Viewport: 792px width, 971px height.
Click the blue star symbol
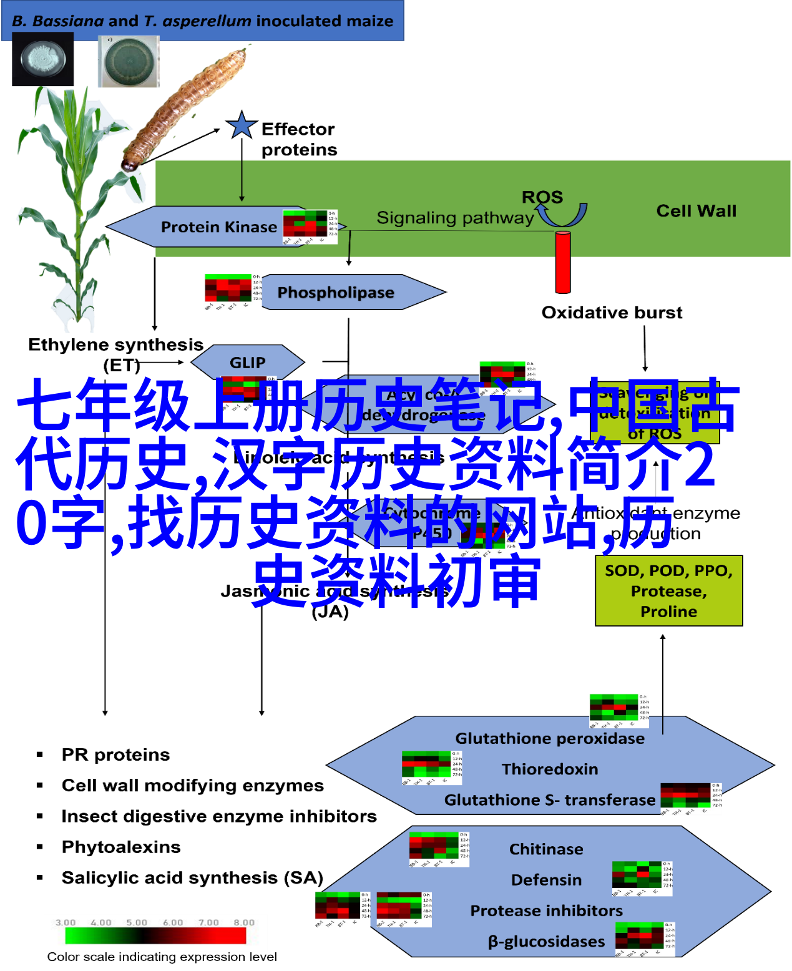coord(242,125)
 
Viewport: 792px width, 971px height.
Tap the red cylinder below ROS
coord(563,261)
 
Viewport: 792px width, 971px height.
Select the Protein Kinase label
coord(218,227)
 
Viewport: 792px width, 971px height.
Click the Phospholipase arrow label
coord(336,292)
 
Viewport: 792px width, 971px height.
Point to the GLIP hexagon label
coord(247,362)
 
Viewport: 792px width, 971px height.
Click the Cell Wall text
coord(696,211)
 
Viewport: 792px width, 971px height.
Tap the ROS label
coord(542,197)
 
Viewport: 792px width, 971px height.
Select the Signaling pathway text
coord(455,218)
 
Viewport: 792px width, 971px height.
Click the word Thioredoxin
coord(550,769)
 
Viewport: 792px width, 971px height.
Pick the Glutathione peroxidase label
coord(550,738)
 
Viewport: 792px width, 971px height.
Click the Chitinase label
coord(546,849)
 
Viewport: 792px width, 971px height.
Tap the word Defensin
coord(546,879)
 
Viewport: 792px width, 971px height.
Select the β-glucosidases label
coord(546,941)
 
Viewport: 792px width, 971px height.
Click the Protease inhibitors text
coord(546,910)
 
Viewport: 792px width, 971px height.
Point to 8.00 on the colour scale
coord(244,922)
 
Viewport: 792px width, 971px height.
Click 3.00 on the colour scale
coord(66,922)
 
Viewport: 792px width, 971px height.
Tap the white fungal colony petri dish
coord(43,60)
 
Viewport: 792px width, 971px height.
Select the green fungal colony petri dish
coord(129,62)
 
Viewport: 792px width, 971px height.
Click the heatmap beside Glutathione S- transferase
coord(691,799)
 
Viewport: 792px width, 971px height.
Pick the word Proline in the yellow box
coord(668,612)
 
